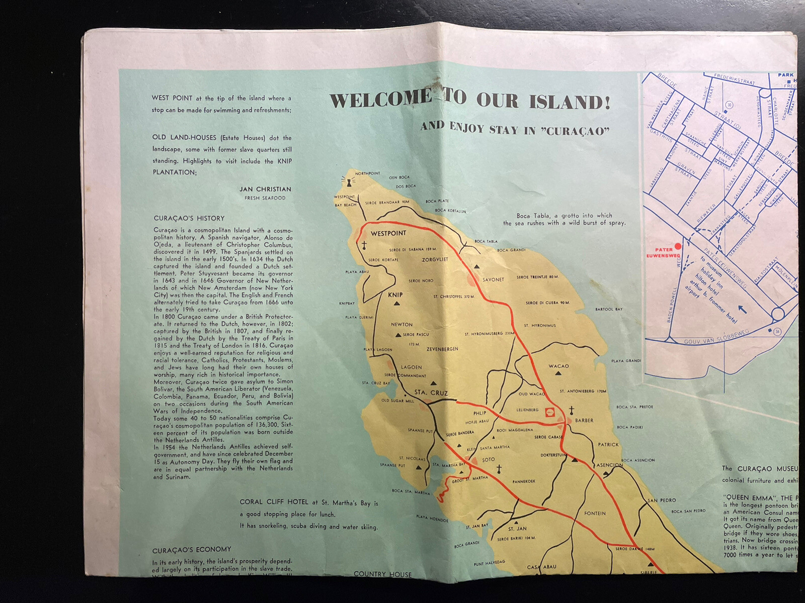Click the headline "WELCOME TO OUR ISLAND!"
[470, 100]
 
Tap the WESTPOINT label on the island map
[388, 234]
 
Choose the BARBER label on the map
[584, 421]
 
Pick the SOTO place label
[488, 460]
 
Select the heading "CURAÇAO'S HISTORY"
[189, 219]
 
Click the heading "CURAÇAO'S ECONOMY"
[192, 549]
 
